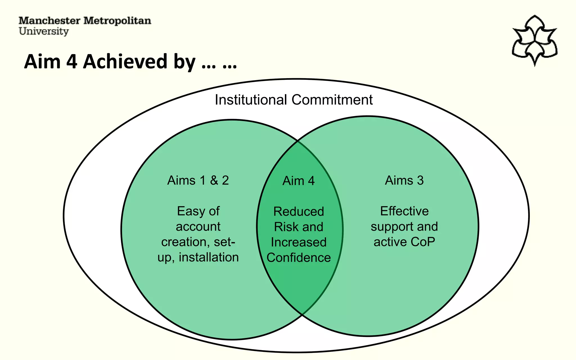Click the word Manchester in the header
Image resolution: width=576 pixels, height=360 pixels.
tap(49, 21)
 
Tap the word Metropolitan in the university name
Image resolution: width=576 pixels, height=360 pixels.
tap(117, 21)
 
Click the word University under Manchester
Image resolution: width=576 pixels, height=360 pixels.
tap(44, 31)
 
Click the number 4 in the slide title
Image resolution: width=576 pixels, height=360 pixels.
tap(72, 62)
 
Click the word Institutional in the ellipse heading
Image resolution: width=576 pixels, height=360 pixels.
tap(251, 100)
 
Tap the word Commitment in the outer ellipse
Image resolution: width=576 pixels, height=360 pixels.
tap(332, 100)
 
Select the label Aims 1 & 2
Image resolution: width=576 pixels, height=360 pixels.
tap(198, 180)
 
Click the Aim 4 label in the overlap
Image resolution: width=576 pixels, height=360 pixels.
tap(298, 181)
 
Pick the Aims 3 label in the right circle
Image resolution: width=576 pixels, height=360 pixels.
tap(404, 180)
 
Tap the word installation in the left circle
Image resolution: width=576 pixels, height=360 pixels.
tap(209, 257)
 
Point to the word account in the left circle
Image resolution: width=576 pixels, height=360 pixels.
tap(198, 227)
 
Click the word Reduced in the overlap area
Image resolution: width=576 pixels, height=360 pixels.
tap(299, 211)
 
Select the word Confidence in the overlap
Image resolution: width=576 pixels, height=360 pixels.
tap(299, 258)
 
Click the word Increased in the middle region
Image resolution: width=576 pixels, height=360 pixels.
tap(299, 242)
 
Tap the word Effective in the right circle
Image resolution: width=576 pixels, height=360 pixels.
tap(404, 211)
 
